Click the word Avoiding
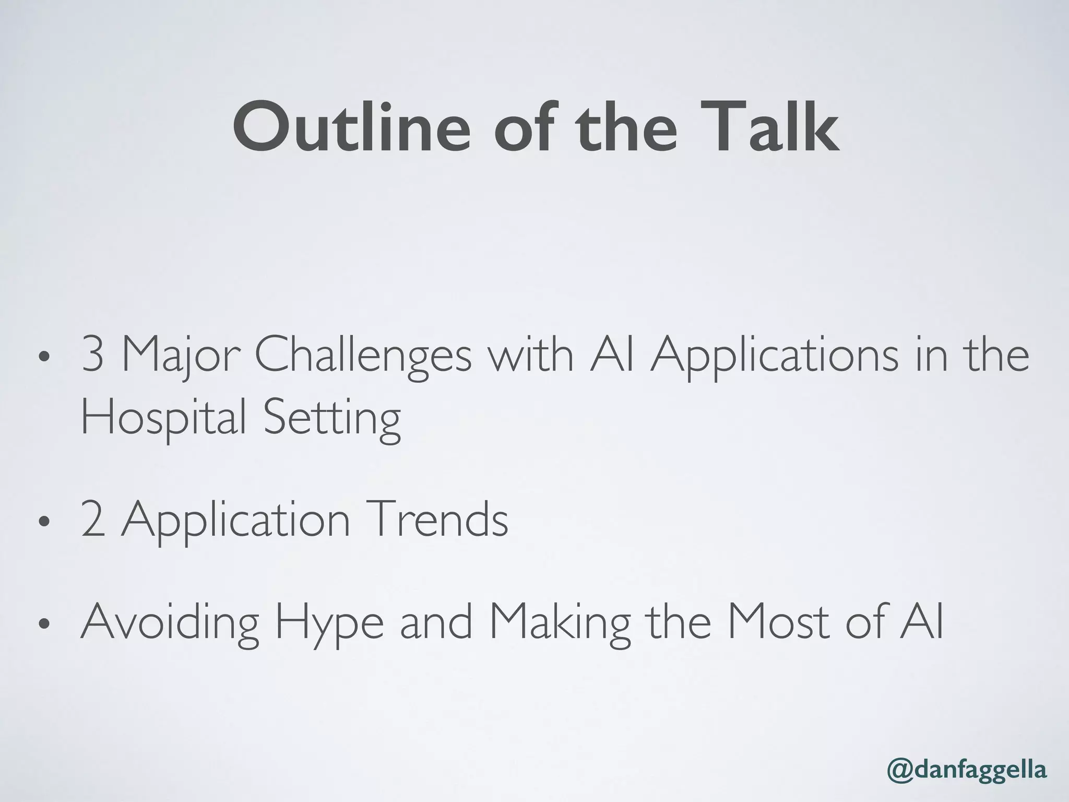tap(170, 623)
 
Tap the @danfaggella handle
tap(967, 771)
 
